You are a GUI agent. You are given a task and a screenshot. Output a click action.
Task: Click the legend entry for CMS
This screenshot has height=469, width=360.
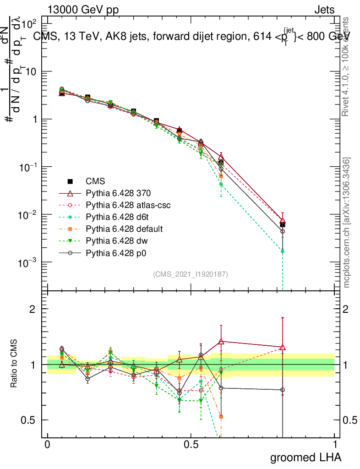tap(95, 181)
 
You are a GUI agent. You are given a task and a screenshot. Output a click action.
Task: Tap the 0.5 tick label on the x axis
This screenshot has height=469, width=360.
tap(191, 445)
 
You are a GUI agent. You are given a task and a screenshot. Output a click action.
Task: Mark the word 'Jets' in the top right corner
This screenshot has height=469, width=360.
tap(324, 10)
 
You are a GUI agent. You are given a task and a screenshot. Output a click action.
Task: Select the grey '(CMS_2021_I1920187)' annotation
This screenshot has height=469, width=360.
tap(191, 274)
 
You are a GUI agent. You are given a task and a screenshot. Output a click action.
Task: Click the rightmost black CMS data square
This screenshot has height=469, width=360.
tap(283, 224)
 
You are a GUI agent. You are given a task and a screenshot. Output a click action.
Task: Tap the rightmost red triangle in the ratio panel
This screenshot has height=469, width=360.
tap(283, 347)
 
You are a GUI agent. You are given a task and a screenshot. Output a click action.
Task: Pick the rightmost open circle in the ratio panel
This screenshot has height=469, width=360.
tap(283, 390)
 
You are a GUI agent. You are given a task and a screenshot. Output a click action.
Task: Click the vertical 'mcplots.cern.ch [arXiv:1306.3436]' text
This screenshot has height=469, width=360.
tap(347, 223)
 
